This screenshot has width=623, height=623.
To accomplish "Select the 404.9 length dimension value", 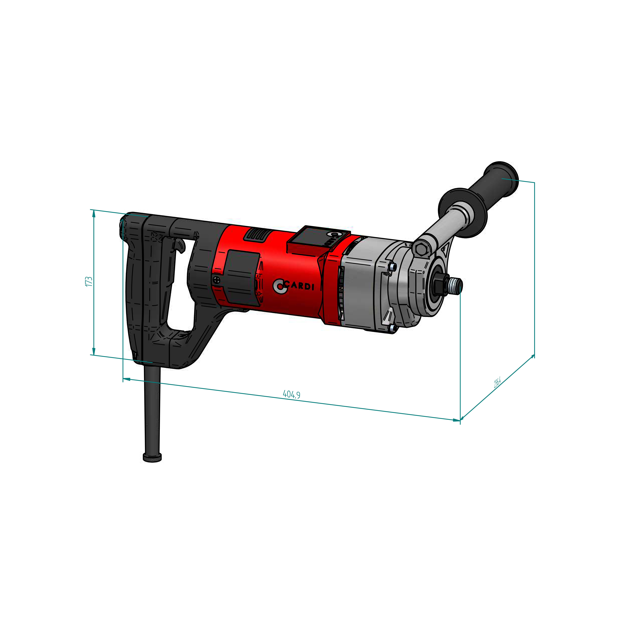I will [x=291, y=394].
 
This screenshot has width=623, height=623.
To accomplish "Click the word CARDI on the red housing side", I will [x=299, y=286].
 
